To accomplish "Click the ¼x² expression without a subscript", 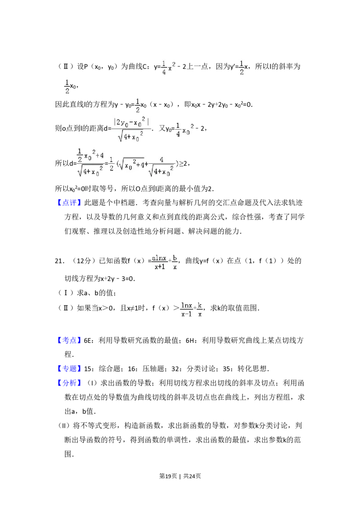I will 167,68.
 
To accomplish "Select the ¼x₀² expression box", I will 184,130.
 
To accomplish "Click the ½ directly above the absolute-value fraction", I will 138,104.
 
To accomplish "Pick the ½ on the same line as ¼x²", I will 241,68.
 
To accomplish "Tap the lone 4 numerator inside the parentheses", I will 161,160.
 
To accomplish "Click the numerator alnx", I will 159,258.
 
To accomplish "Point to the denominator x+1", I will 159,266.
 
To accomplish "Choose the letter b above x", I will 175,258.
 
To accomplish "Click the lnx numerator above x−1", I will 186,306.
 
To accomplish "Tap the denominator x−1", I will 186,315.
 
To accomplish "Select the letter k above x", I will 200,306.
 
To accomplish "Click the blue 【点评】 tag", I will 70,203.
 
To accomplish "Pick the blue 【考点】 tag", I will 70,340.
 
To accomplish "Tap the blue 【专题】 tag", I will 70,369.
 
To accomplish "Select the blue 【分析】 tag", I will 70,384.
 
